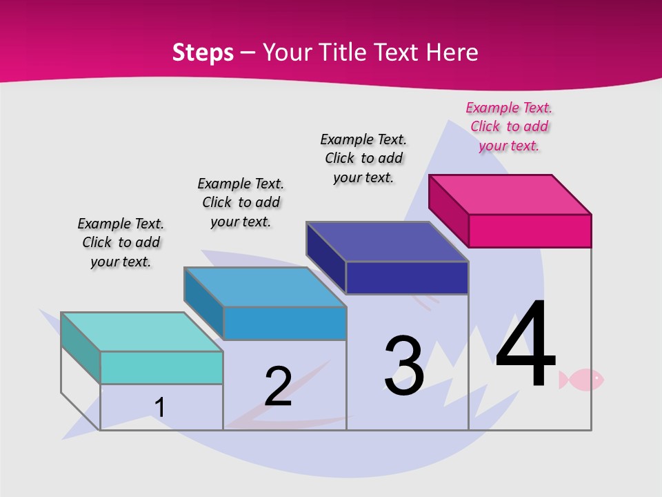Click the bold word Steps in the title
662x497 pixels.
click(203, 52)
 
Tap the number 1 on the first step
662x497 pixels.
click(159, 407)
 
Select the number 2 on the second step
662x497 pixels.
click(278, 386)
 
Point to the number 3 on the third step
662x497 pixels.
click(404, 366)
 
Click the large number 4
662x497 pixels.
click(525, 344)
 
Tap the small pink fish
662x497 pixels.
click(581, 379)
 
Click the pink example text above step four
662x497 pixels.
click(509, 126)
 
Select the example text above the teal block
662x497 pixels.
click(121, 242)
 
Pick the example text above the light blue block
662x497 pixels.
click(241, 202)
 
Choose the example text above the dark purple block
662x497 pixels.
click(363, 158)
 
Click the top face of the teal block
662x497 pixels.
click(142, 331)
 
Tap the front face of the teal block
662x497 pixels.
click(161, 367)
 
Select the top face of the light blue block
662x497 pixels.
click(265, 286)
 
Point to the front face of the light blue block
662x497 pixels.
click(285, 323)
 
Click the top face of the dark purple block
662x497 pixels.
click(387, 242)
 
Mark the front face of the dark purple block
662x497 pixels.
click(407, 277)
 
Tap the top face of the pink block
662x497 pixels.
click(510, 194)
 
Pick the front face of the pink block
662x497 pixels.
click(530, 231)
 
